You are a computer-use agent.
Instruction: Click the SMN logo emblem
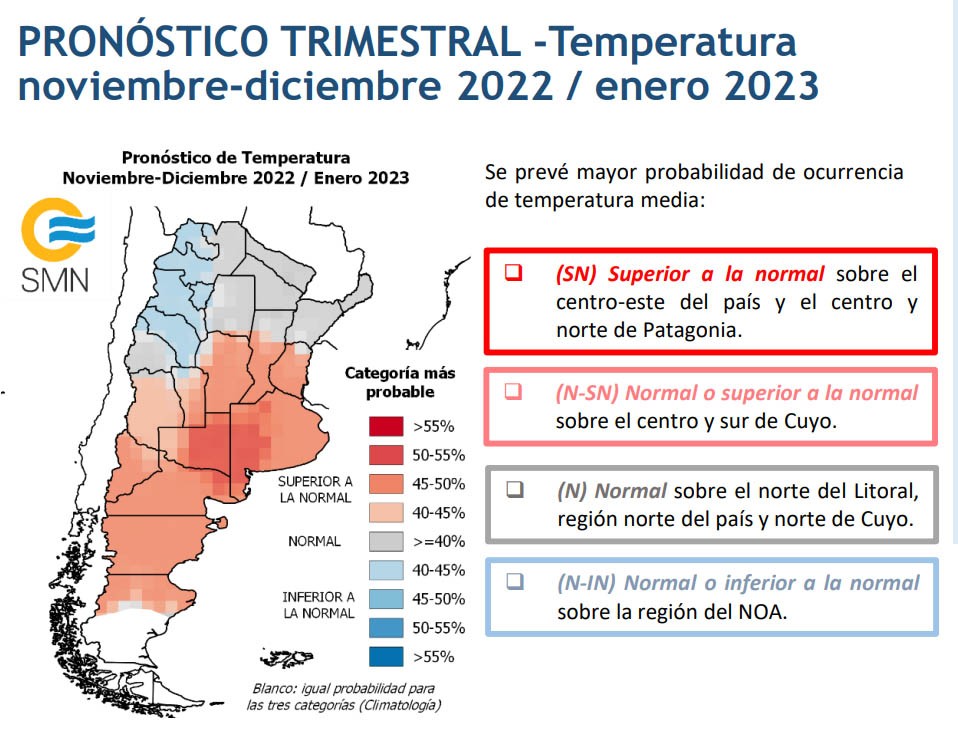pyautogui.click(x=58, y=230)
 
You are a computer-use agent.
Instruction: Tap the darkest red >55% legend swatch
pyautogui.click(x=386, y=426)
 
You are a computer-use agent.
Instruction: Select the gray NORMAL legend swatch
pyautogui.click(x=386, y=541)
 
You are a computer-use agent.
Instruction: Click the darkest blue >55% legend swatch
pyautogui.click(x=386, y=657)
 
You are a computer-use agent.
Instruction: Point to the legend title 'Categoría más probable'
pyautogui.click(x=400, y=382)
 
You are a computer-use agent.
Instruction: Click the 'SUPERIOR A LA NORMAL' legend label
pyautogui.click(x=315, y=489)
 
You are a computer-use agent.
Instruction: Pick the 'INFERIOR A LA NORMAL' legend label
pyautogui.click(x=318, y=605)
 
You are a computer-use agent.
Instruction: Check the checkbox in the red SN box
pyautogui.click(x=513, y=272)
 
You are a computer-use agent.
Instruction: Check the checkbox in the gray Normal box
pyautogui.click(x=515, y=489)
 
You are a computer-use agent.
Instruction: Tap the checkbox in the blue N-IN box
pyautogui.click(x=515, y=581)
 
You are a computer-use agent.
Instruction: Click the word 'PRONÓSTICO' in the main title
pyautogui.click(x=143, y=42)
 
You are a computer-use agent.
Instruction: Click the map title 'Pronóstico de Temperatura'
pyautogui.click(x=236, y=158)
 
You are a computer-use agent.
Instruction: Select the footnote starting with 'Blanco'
pyautogui.click(x=343, y=696)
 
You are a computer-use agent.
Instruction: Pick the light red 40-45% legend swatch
pyautogui.click(x=386, y=513)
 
